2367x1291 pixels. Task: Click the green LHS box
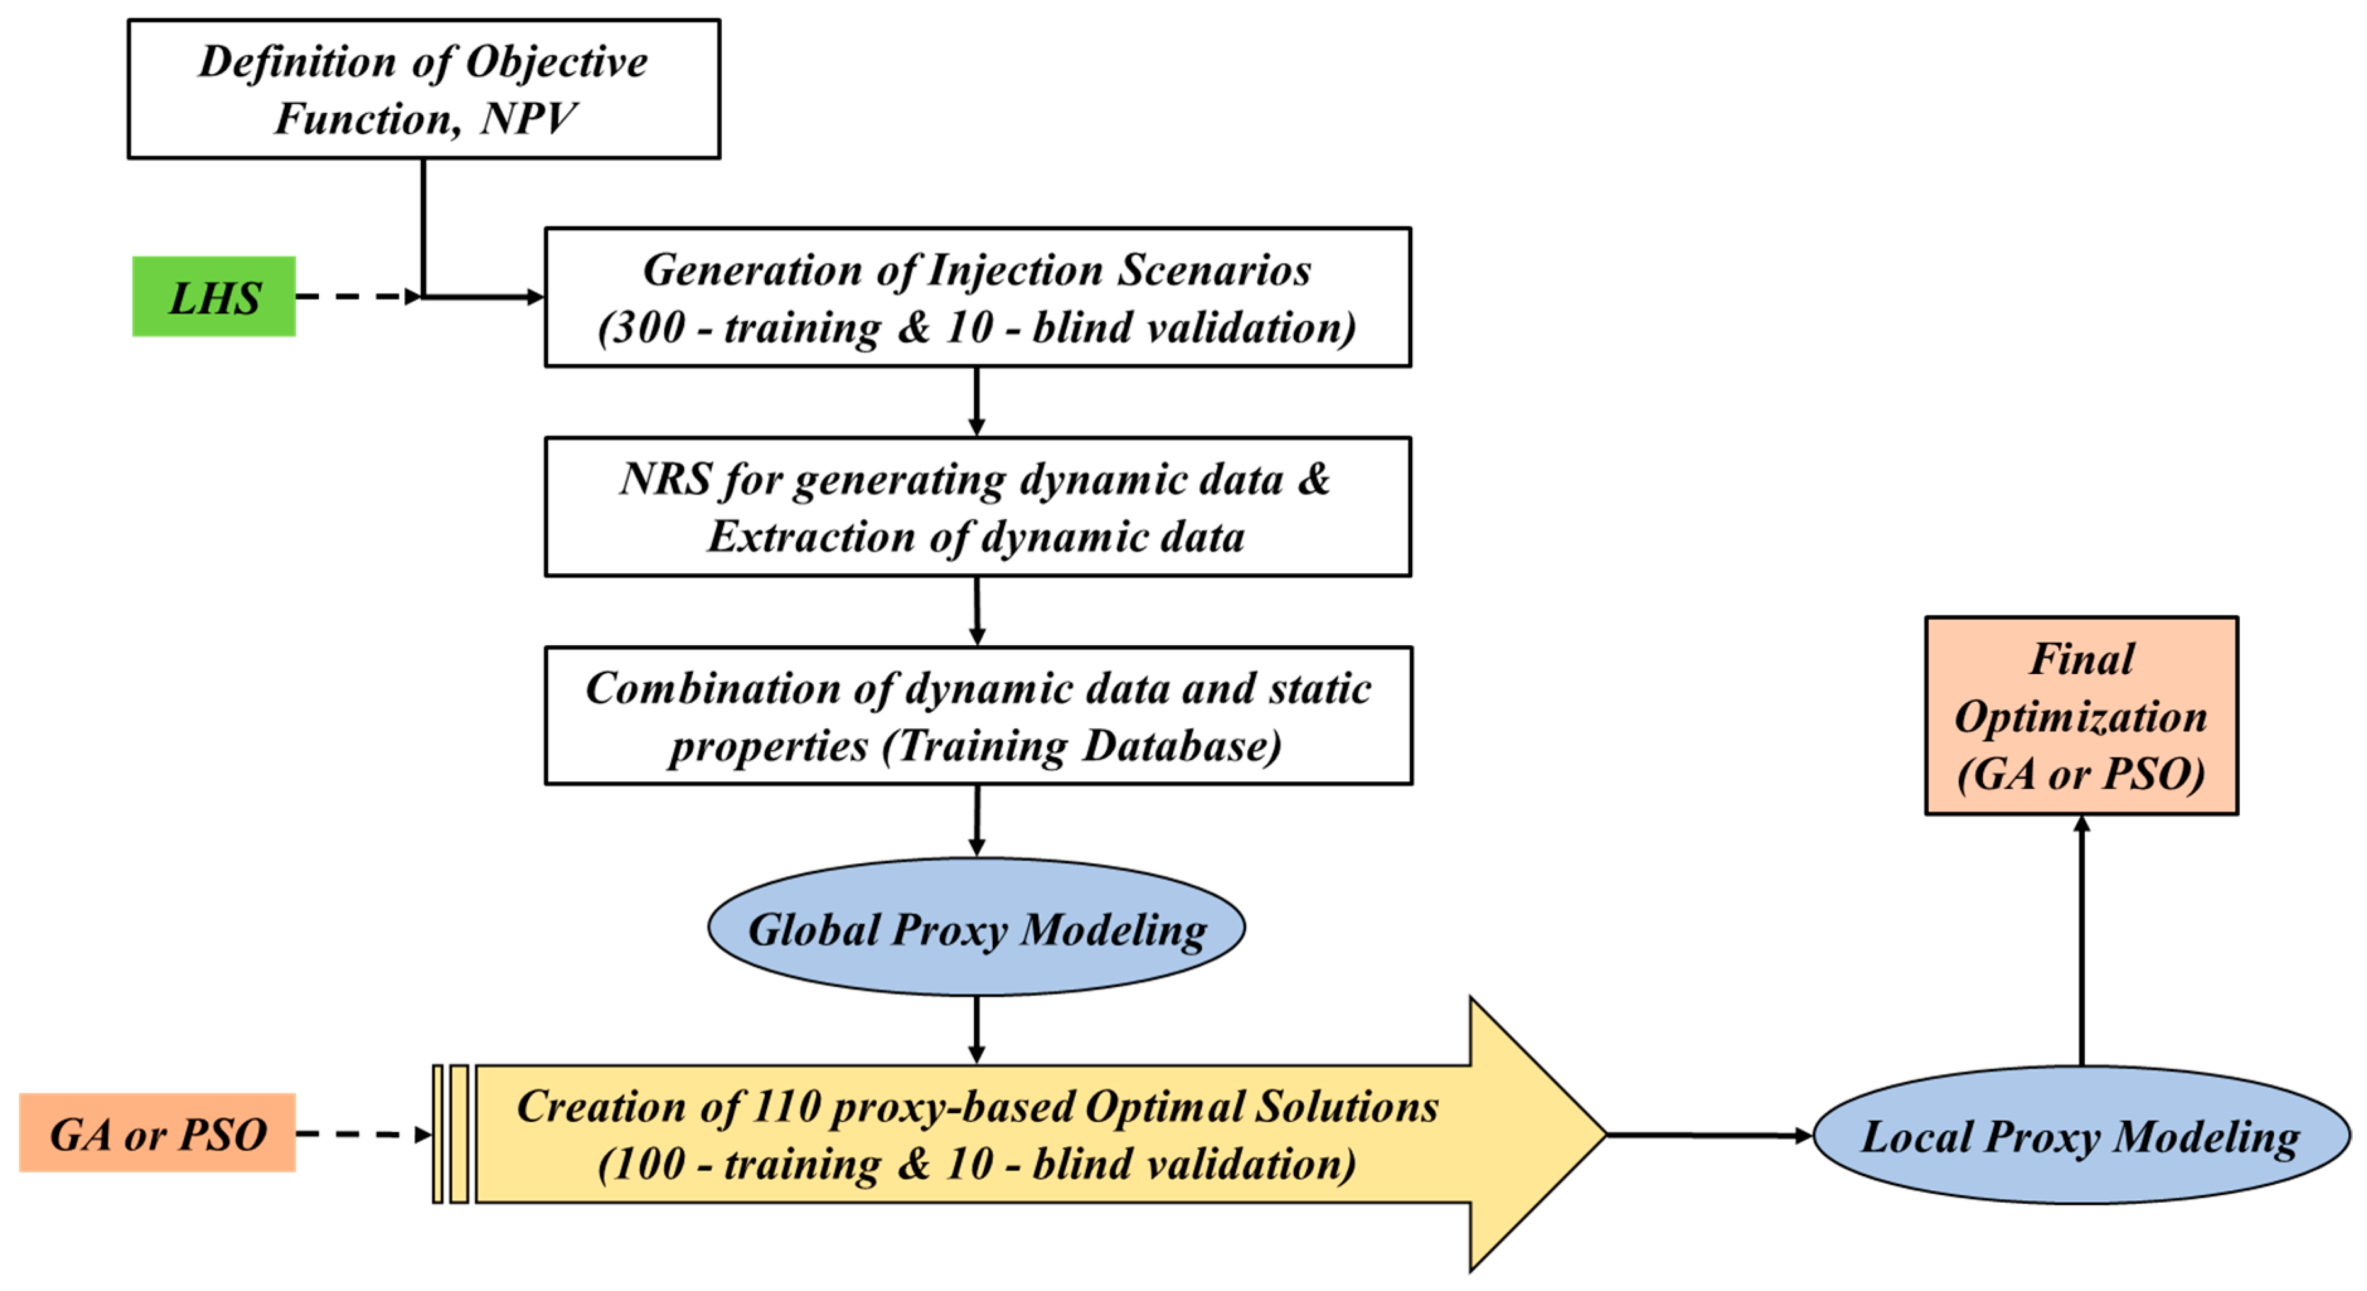click(214, 297)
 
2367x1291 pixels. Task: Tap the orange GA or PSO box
click(157, 1133)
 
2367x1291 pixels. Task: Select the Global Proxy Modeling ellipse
click(976, 928)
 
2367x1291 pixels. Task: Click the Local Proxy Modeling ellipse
click(2081, 1136)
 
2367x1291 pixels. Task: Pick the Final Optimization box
click(2081, 715)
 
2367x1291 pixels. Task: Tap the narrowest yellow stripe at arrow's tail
click(437, 1134)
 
